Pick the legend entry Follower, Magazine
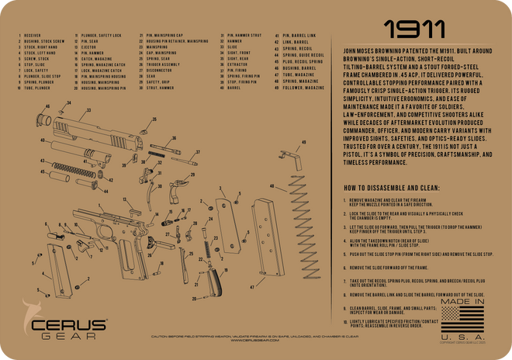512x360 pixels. [296, 87]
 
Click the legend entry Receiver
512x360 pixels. [33, 36]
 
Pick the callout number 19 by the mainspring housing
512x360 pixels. [184, 280]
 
